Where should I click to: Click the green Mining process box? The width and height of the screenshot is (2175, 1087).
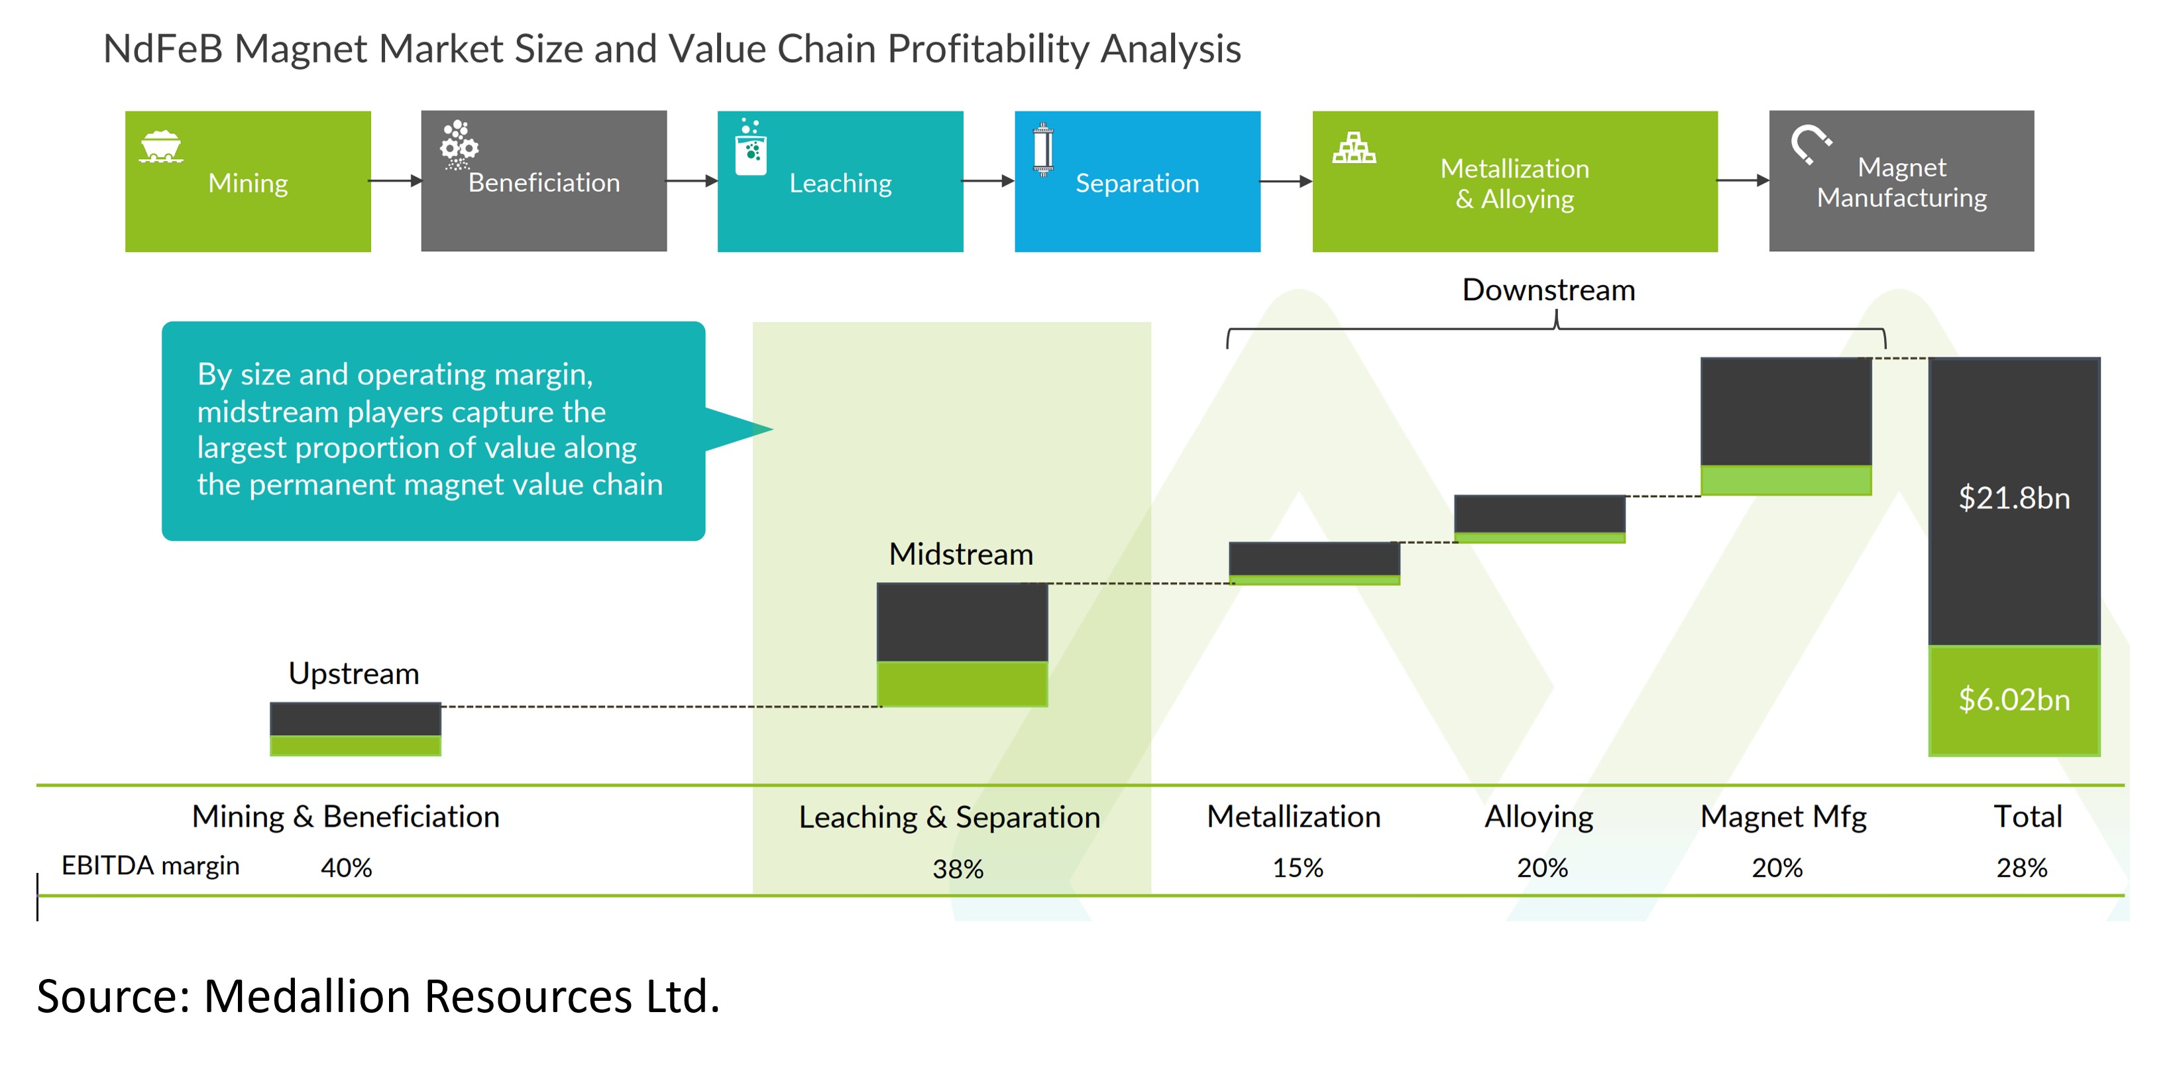[247, 182]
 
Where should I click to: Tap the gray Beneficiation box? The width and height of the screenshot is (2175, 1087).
[543, 182]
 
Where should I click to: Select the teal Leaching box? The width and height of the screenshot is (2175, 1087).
[840, 182]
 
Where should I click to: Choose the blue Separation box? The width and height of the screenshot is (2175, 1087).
[1137, 182]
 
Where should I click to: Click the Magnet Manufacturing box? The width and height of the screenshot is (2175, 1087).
[1901, 182]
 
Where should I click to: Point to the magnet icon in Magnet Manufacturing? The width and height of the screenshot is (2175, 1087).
[1809, 144]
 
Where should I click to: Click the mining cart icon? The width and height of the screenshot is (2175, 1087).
[160, 146]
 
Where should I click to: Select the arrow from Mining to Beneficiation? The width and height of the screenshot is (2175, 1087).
[395, 181]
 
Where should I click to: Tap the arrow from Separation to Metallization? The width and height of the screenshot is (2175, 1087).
[1285, 181]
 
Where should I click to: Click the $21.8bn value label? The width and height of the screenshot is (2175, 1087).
[2014, 498]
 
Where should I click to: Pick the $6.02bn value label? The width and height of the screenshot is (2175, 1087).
[2014, 700]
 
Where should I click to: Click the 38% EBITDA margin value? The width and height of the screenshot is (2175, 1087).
[958, 869]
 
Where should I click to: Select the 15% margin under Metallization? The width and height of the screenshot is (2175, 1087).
[1298, 868]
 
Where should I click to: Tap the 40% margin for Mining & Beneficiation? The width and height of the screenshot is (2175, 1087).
[346, 868]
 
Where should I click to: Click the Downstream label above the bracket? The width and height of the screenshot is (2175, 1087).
[1549, 290]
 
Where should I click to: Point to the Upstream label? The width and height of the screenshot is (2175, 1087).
[354, 674]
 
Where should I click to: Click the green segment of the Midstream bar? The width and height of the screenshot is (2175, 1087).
[962, 683]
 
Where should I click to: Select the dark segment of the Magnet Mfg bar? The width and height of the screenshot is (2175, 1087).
[1786, 412]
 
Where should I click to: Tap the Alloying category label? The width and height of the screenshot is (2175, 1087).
[1538, 817]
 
